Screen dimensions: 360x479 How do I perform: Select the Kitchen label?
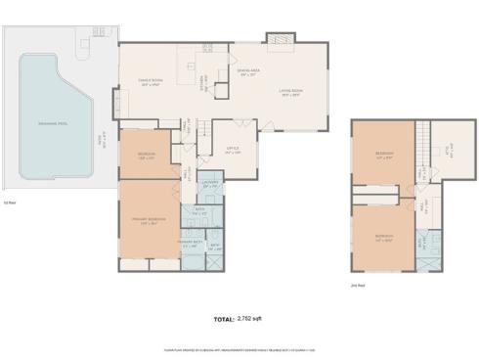coord(204,80)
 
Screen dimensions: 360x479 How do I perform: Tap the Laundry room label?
coord(209,183)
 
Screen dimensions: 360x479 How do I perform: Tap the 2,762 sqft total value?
coord(253,319)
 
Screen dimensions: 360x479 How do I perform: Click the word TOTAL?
coord(224,319)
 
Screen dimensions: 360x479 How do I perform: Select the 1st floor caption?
coord(10,202)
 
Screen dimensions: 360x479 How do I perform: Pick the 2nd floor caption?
coord(358,285)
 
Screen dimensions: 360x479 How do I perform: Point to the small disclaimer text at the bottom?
coord(239,349)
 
